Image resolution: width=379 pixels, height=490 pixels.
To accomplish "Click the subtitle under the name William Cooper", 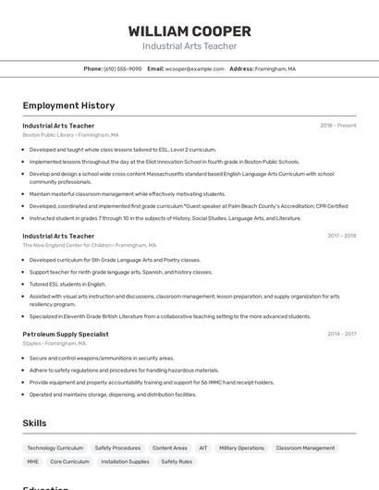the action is tap(189, 46).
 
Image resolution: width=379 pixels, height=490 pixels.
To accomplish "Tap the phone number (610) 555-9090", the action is tap(122, 68).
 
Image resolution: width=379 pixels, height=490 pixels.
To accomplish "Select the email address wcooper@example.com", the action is tap(194, 68).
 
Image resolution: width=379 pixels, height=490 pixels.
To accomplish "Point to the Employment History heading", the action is tap(68, 105).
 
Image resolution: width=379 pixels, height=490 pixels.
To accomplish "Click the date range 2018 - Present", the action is tap(337, 126).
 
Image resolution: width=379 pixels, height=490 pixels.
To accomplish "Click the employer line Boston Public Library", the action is tap(70, 135).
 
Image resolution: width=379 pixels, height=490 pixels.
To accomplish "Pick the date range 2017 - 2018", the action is tap(341, 236).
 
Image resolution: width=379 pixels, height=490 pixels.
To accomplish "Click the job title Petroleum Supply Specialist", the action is tap(66, 334).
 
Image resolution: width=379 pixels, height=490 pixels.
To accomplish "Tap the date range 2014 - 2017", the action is tap(341, 334).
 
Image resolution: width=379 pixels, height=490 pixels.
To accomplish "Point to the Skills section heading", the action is tap(34, 423).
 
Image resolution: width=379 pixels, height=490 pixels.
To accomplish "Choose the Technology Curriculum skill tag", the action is tap(55, 447).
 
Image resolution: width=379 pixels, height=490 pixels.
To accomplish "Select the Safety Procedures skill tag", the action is tap(117, 447).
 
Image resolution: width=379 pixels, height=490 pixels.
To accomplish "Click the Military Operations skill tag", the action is tap(241, 447).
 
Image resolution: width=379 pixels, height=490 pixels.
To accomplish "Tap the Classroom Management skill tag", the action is tap(305, 447).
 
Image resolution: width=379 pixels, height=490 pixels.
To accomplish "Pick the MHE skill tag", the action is tap(32, 461).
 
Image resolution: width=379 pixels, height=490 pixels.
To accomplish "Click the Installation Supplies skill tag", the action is tap(125, 461).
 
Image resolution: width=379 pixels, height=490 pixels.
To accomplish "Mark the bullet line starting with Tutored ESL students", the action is tap(67, 284).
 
